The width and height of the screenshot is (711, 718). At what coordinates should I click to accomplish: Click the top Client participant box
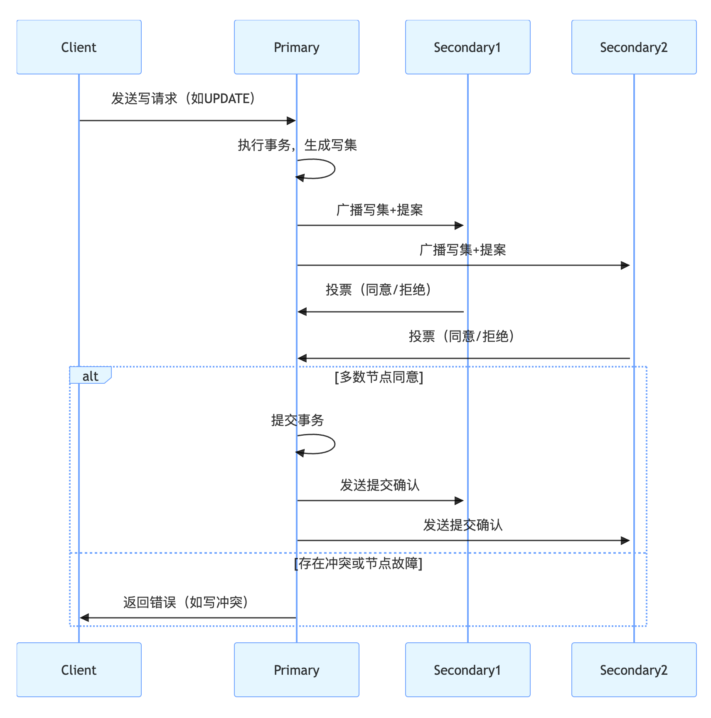click(79, 47)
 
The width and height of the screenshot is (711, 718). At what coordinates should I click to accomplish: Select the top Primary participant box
click(296, 47)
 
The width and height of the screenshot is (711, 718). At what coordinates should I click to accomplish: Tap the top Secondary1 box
click(467, 47)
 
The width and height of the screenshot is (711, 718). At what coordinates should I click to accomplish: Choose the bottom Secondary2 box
click(634, 669)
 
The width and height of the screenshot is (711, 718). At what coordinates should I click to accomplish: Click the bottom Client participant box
click(79, 669)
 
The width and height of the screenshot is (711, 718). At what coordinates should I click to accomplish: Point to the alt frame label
click(90, 376)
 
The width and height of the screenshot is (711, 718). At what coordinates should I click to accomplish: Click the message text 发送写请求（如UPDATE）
click(183, 99)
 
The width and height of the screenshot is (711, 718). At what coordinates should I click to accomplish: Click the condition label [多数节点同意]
click(379, 377)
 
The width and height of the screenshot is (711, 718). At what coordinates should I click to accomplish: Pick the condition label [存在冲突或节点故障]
click(358, 563)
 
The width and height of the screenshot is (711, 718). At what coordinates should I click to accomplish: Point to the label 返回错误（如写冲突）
click(185, 602)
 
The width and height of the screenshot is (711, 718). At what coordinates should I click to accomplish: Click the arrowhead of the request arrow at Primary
click(291, 121)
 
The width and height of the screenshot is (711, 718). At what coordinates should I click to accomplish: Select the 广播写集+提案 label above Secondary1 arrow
click(379, 210)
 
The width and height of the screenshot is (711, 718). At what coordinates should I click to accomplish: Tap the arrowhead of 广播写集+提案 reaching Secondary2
click(625, 265)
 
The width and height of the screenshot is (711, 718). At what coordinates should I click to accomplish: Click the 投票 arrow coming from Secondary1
click(380, 311)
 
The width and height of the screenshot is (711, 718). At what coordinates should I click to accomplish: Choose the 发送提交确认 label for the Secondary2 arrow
click(463, 525)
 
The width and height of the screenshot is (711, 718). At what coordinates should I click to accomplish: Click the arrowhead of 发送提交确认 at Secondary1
click(459, 501)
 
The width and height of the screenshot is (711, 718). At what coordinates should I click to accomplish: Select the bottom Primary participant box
click(296, 669)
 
